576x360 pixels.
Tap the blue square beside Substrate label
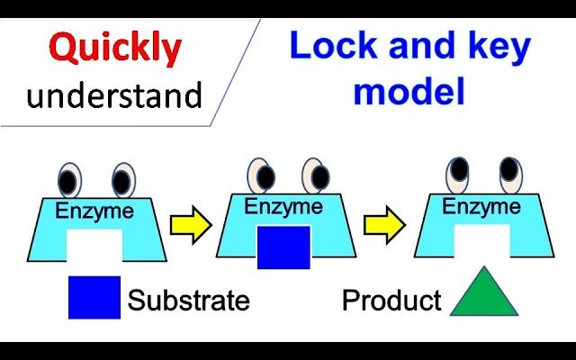94,297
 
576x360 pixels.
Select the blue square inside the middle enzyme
283,247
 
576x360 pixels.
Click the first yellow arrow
190,225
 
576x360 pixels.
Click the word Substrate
188,300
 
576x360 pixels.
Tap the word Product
391,300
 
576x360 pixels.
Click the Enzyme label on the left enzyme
94,212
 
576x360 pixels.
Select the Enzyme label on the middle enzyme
283,207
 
